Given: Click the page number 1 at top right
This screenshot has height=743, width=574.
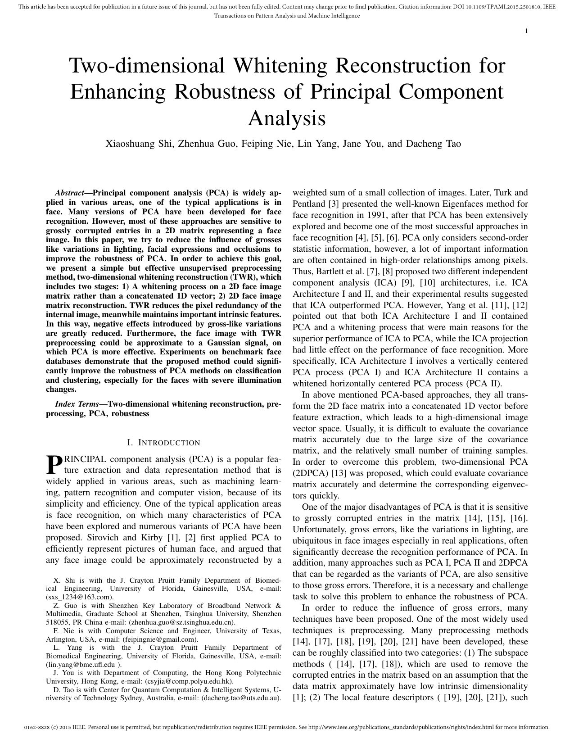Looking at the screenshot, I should click(x=526, y=31).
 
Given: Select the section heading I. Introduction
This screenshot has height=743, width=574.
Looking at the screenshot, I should click(x=164, y=443).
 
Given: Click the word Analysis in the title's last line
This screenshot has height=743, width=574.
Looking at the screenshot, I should click(x=287, y=118).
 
